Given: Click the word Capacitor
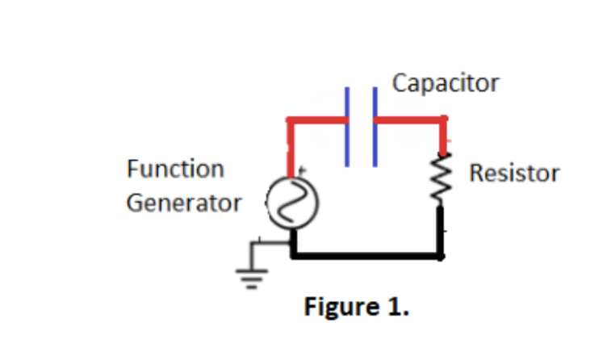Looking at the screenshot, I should pos(446,83).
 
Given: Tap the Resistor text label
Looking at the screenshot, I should pos(514,173).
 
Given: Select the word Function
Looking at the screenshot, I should pos(175,170).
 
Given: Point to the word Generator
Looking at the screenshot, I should pos(183,203).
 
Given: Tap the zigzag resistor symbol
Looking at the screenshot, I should pos(442,179).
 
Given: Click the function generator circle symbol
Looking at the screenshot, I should pos(288,204).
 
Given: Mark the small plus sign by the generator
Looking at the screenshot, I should pos(303,170).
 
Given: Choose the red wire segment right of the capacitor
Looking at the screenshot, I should pos(408,121).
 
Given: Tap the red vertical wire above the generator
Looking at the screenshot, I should pos(290,149).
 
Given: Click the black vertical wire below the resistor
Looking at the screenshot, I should pos(442,230).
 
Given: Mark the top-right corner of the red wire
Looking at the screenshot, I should pos(442,121).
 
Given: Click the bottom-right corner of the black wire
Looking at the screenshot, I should pos(441,257).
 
